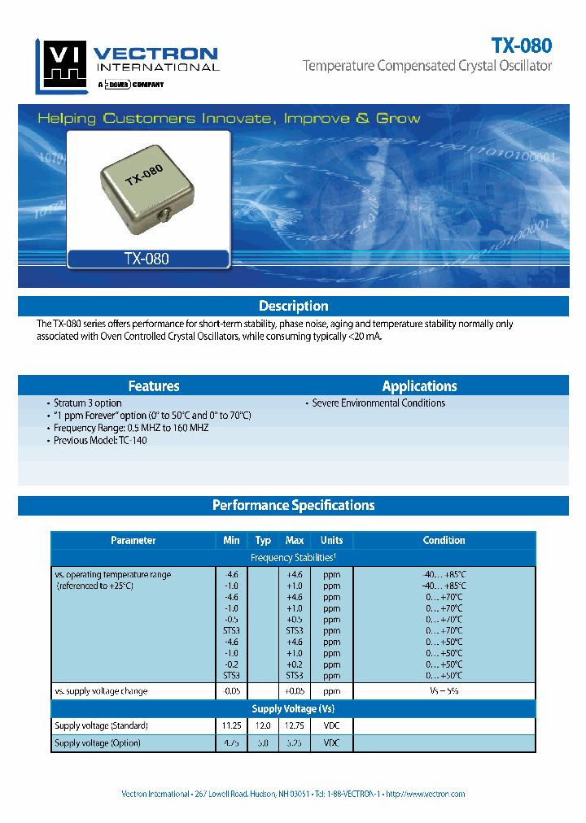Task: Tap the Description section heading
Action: tap(293, 306)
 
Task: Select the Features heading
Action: tap(154, 386)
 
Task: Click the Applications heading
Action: tap(419, 386)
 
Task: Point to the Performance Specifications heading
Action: tap(293, 505)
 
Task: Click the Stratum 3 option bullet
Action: tap(87, 403)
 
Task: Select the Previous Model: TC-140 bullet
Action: tap(100, 440)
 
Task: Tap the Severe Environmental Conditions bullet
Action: tap(378, 403)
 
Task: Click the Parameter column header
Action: tap(133, 540)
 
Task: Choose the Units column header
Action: tap(331, 540)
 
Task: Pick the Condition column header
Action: tap(444, 540)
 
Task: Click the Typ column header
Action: tap(263, 540)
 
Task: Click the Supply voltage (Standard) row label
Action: tap(101, 725)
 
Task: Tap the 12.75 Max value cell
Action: tap(295, 725)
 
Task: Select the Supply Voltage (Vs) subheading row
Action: tap(293, 709)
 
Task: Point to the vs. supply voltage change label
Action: tap(101, 691)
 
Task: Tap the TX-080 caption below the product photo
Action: tap(146, 259)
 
